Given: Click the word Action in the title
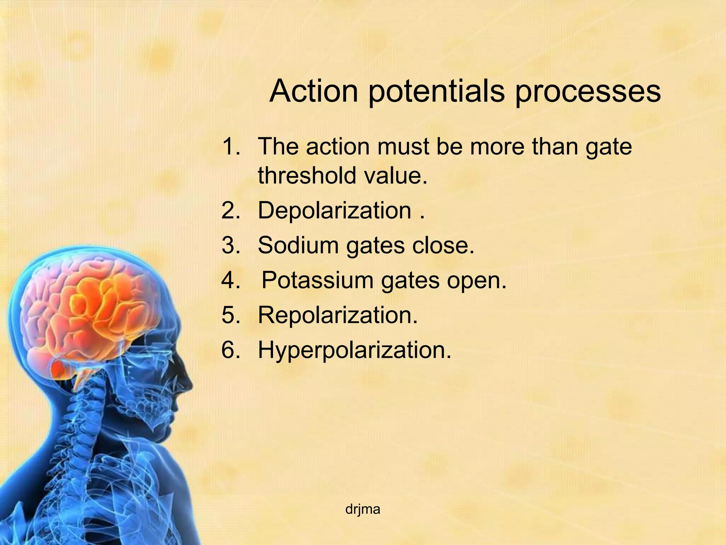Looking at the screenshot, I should [313, 91].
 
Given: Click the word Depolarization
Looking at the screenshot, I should [334, 211].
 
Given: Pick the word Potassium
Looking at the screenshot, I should [317, 280].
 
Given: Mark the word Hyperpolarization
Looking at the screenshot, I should [354, 351].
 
